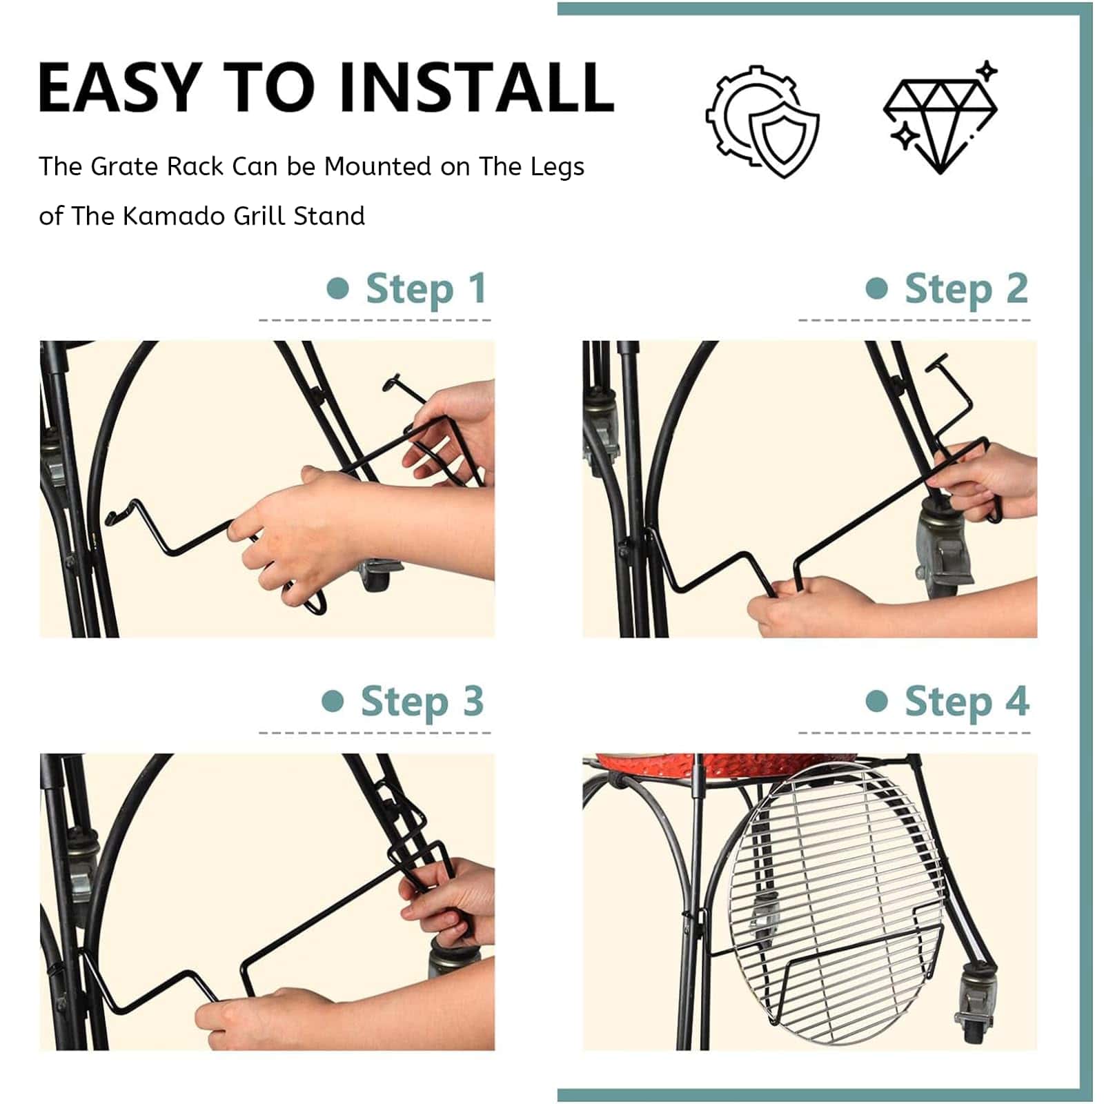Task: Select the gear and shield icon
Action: click(762, 121)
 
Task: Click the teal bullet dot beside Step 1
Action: click(337, 288)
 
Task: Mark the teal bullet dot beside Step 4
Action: click(876, 702)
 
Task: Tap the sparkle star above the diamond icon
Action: click(988, 70)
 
